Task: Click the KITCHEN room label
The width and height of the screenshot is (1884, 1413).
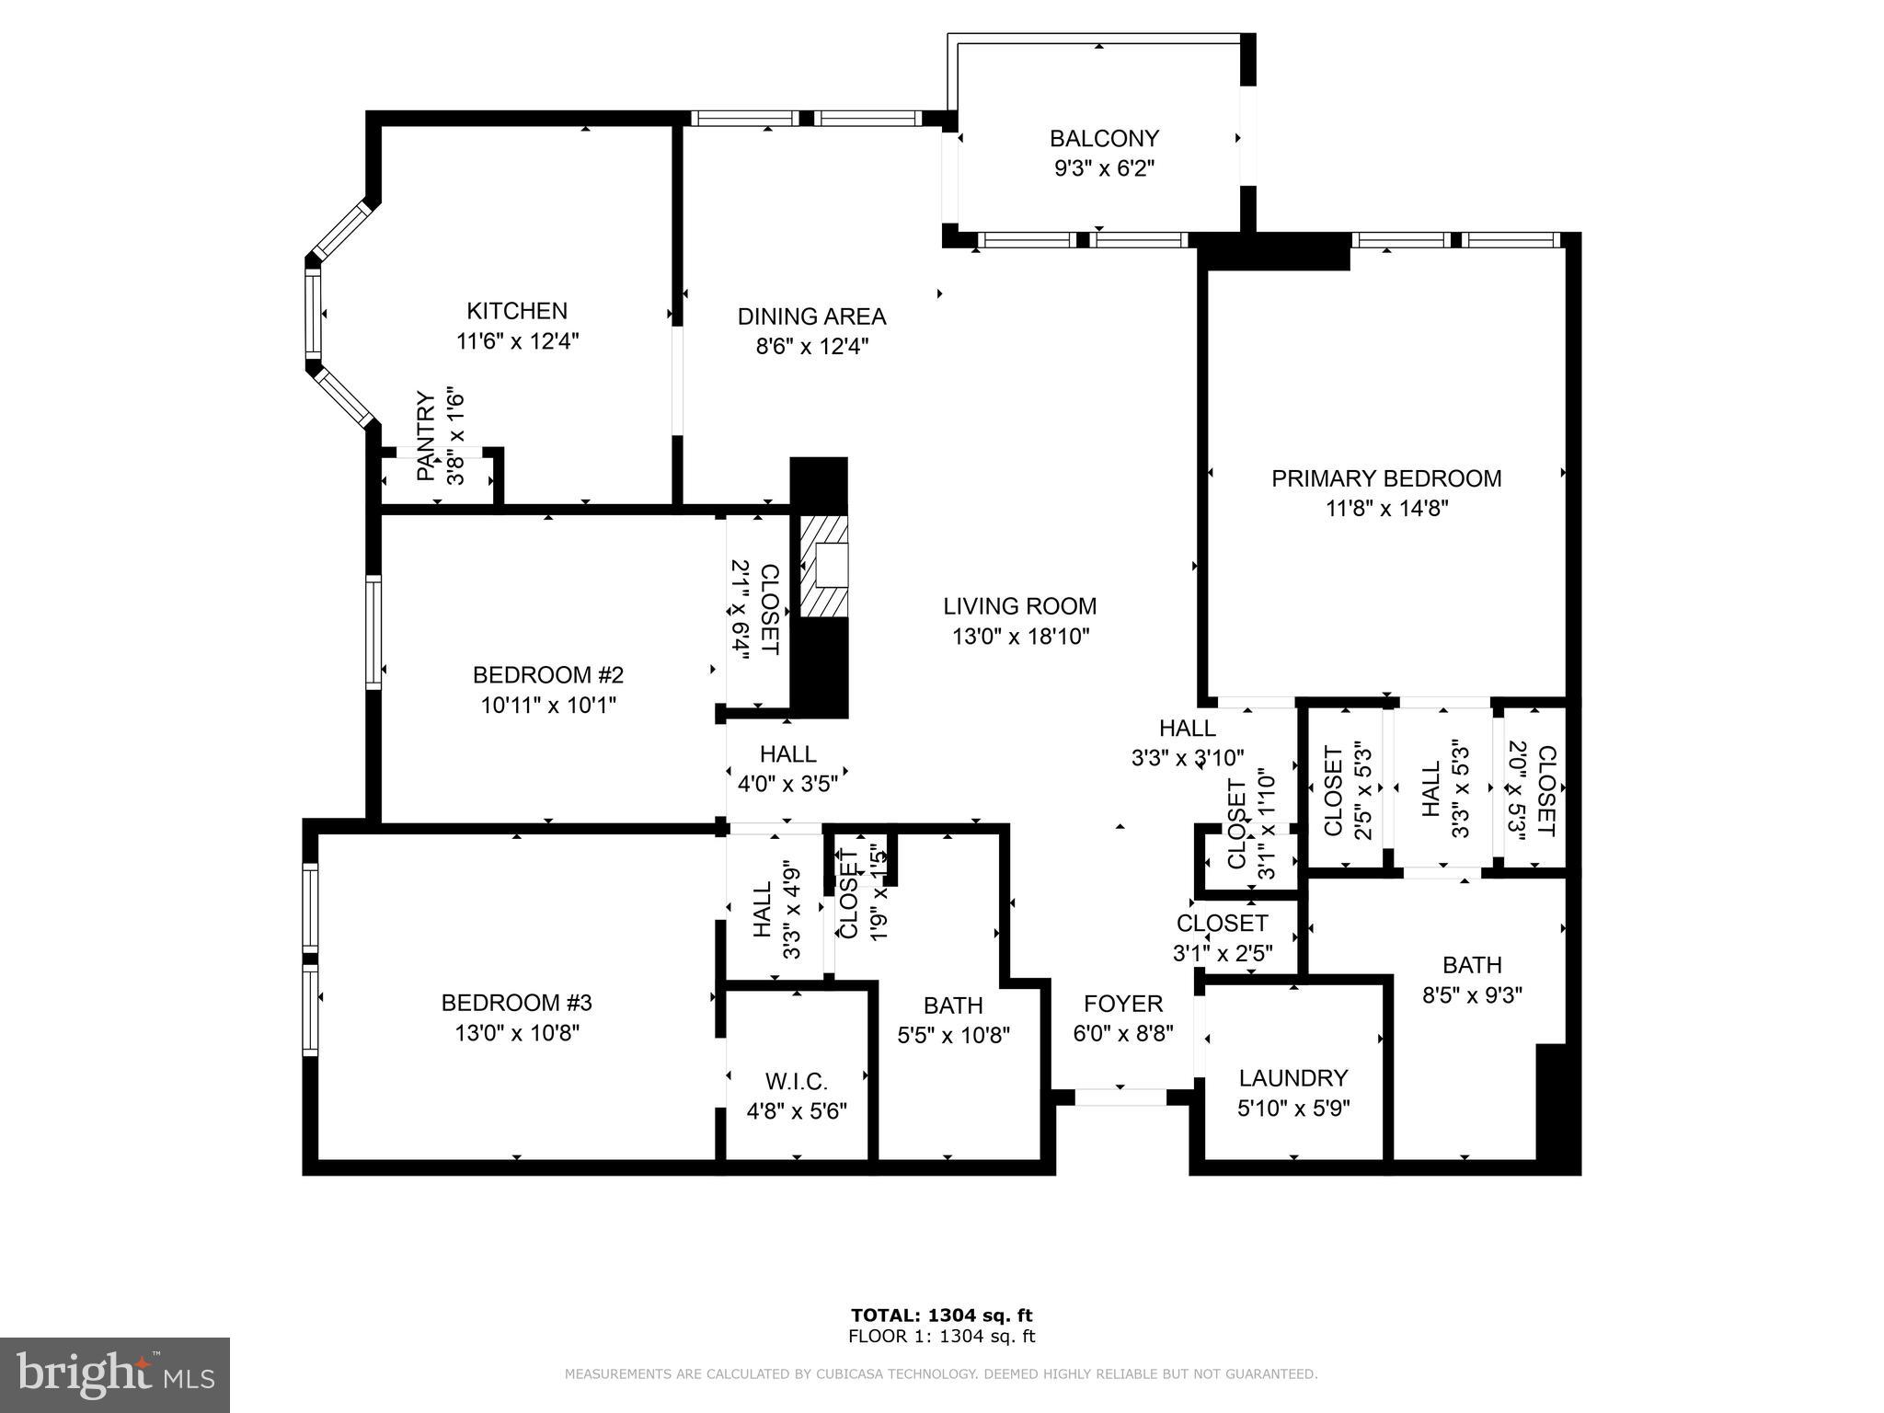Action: tap(516, 311)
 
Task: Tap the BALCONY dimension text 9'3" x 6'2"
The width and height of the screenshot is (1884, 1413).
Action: tap(1104, 169)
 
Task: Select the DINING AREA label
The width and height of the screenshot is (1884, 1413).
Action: tap(811, 316)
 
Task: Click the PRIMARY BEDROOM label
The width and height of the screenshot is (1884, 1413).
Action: tap(1385, 478)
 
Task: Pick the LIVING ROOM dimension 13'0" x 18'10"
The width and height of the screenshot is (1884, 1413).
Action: tap(1020, 637)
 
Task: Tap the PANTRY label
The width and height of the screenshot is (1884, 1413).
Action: tap(425, 436)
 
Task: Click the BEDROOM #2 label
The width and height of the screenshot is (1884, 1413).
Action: tap(548, 675)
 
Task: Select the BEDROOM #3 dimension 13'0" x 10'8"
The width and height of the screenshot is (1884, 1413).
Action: tap(517, 1033)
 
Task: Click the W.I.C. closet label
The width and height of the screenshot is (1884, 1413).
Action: tap(796, 1081)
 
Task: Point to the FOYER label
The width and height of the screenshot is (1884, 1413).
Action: tap(1123, 1003)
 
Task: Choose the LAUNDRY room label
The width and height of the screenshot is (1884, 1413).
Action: tap(1292, 1078)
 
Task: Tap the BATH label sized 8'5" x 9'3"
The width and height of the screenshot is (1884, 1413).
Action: tap(1472, 965)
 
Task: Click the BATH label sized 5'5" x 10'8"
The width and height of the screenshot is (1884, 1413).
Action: tap(953, 1005)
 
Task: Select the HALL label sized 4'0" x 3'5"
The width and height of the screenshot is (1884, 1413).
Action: tap(787, 754)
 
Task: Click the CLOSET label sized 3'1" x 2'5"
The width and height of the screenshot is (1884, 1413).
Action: tap(1222, 923)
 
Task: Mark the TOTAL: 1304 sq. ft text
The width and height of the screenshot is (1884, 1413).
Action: tap(941, 1315)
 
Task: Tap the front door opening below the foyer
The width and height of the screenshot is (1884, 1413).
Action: tap(1120, 1097)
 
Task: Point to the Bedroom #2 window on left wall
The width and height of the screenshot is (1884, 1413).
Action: tap(373, 632)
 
